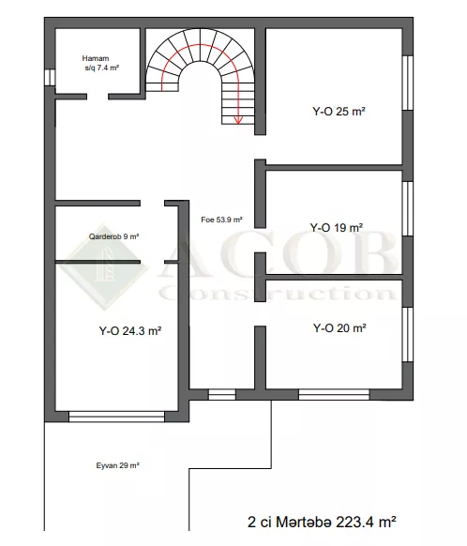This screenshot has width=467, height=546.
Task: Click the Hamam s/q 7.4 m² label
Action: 100,63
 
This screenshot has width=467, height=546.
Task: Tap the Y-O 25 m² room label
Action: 339,112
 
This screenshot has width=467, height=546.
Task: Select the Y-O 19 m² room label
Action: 337,228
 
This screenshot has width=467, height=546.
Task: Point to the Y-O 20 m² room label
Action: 339,328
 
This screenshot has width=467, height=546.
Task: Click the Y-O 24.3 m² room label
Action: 130,330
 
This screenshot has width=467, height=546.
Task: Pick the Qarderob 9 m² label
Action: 113,236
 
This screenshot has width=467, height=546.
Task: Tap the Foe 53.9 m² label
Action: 221,220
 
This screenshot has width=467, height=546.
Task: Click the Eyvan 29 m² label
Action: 117,465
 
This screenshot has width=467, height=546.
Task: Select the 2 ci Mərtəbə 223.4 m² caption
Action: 322,522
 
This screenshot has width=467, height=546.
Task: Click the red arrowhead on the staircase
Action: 238,120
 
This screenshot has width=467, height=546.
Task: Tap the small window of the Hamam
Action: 50,78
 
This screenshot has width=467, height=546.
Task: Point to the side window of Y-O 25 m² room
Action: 408,83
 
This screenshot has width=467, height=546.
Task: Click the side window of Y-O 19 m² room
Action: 408,208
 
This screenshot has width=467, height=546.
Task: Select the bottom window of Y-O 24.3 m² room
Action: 116,417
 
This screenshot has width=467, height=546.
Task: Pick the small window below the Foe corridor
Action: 222,395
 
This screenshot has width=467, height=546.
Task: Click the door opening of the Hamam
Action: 98,97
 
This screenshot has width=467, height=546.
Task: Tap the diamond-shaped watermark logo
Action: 103,266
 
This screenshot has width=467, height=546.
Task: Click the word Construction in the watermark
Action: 278,293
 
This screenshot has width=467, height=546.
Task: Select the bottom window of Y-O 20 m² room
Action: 334,395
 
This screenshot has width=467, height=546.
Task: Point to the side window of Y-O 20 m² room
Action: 408,334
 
